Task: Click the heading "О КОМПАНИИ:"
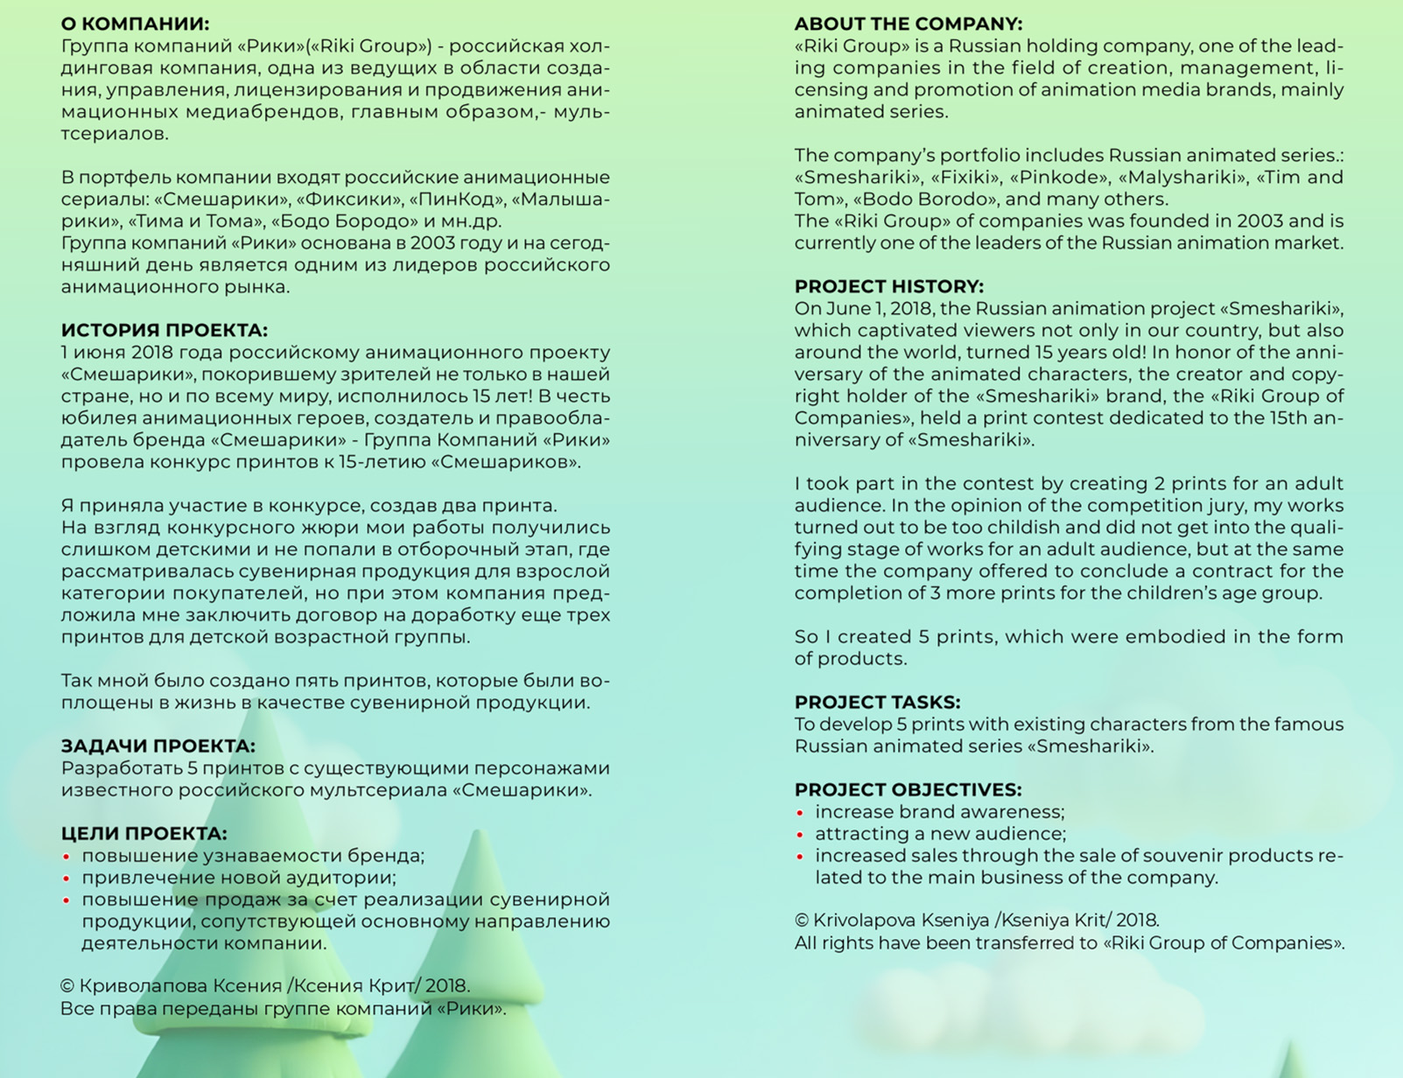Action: (x=135, y=24)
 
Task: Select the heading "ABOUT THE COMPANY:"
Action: (x=908, y=24)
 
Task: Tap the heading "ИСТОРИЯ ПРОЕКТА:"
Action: (x=164, y=331)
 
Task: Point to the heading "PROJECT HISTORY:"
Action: (x=888, y=287)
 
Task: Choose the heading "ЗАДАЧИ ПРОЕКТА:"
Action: (x=158, y=746)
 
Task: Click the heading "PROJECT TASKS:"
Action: (x=877, y=703)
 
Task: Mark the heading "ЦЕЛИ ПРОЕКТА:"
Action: (x=144, y=834)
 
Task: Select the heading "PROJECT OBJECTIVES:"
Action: (x=908, y=790)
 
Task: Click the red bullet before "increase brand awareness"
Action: (x=800, y=814)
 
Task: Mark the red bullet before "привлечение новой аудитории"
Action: (x=67, y=879)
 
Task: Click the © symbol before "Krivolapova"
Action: (x=802, y=920)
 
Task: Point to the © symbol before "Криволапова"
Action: (x=67, y=986)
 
